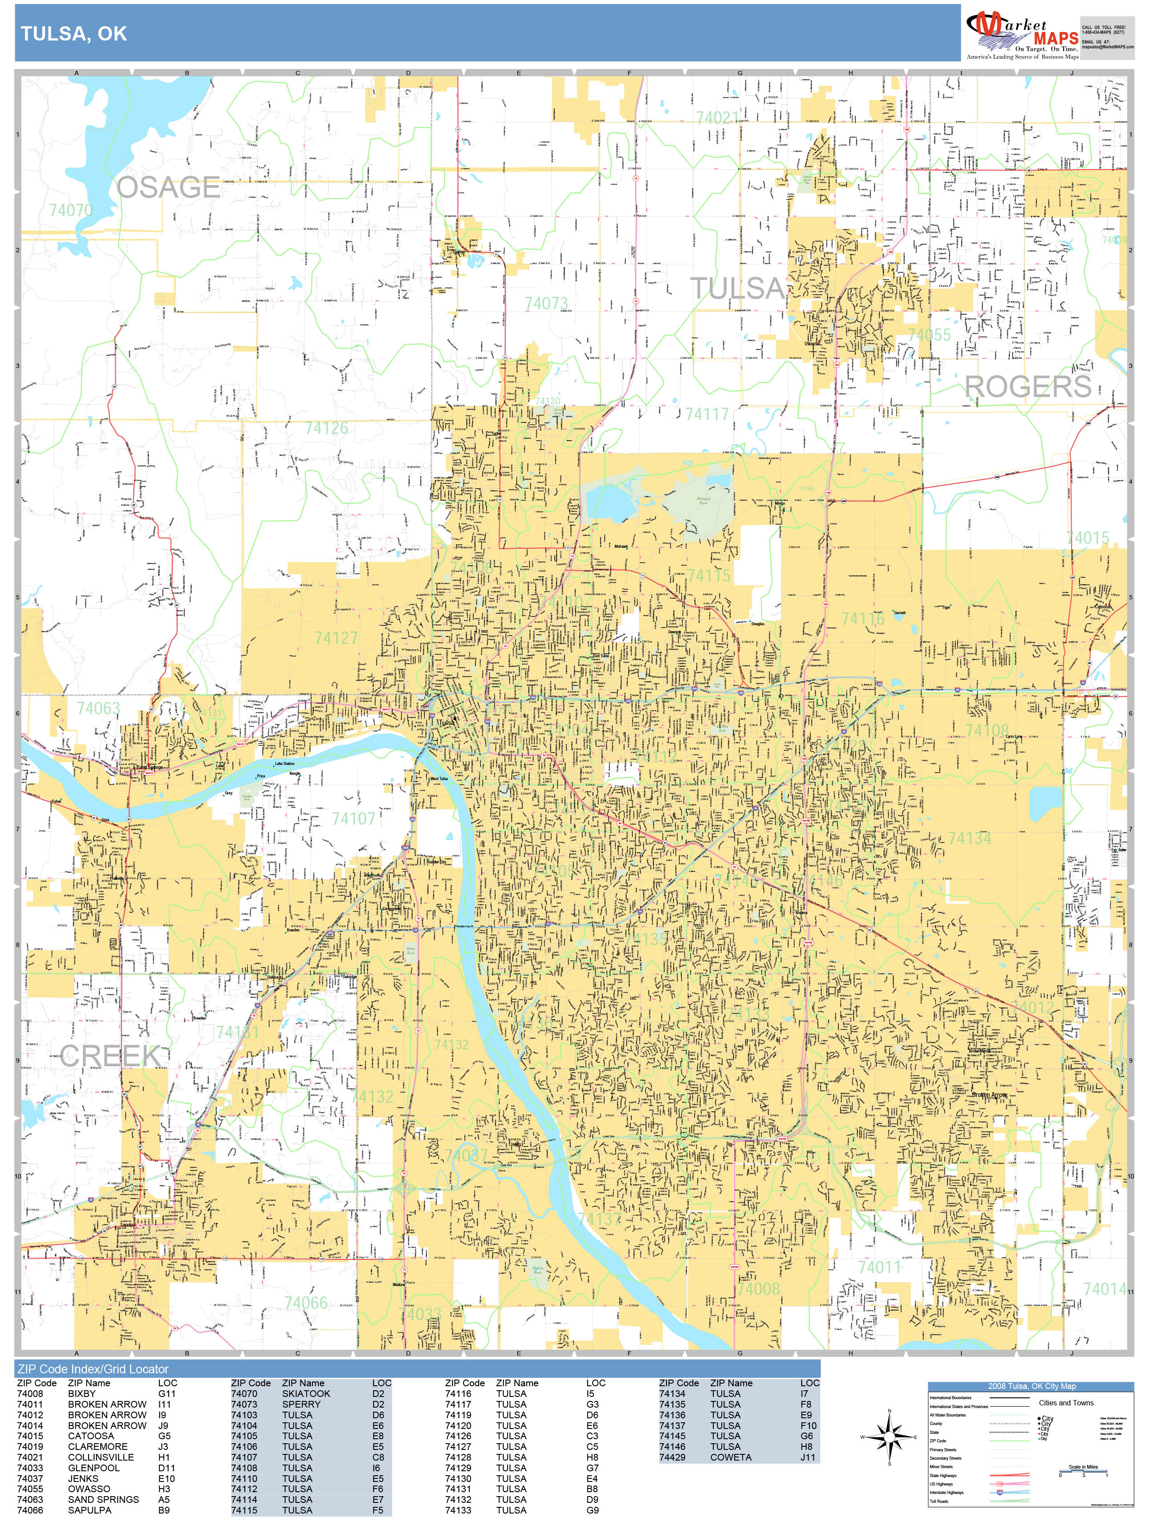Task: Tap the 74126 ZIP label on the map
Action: [326, 428]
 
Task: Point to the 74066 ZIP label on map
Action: [305, 1302]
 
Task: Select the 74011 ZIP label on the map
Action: [879, 1267]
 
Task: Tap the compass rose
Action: [889, 1436]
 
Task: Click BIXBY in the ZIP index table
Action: [82, 1393]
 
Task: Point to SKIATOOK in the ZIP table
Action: [306, 1393]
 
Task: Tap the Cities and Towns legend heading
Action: [1066, 1402]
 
